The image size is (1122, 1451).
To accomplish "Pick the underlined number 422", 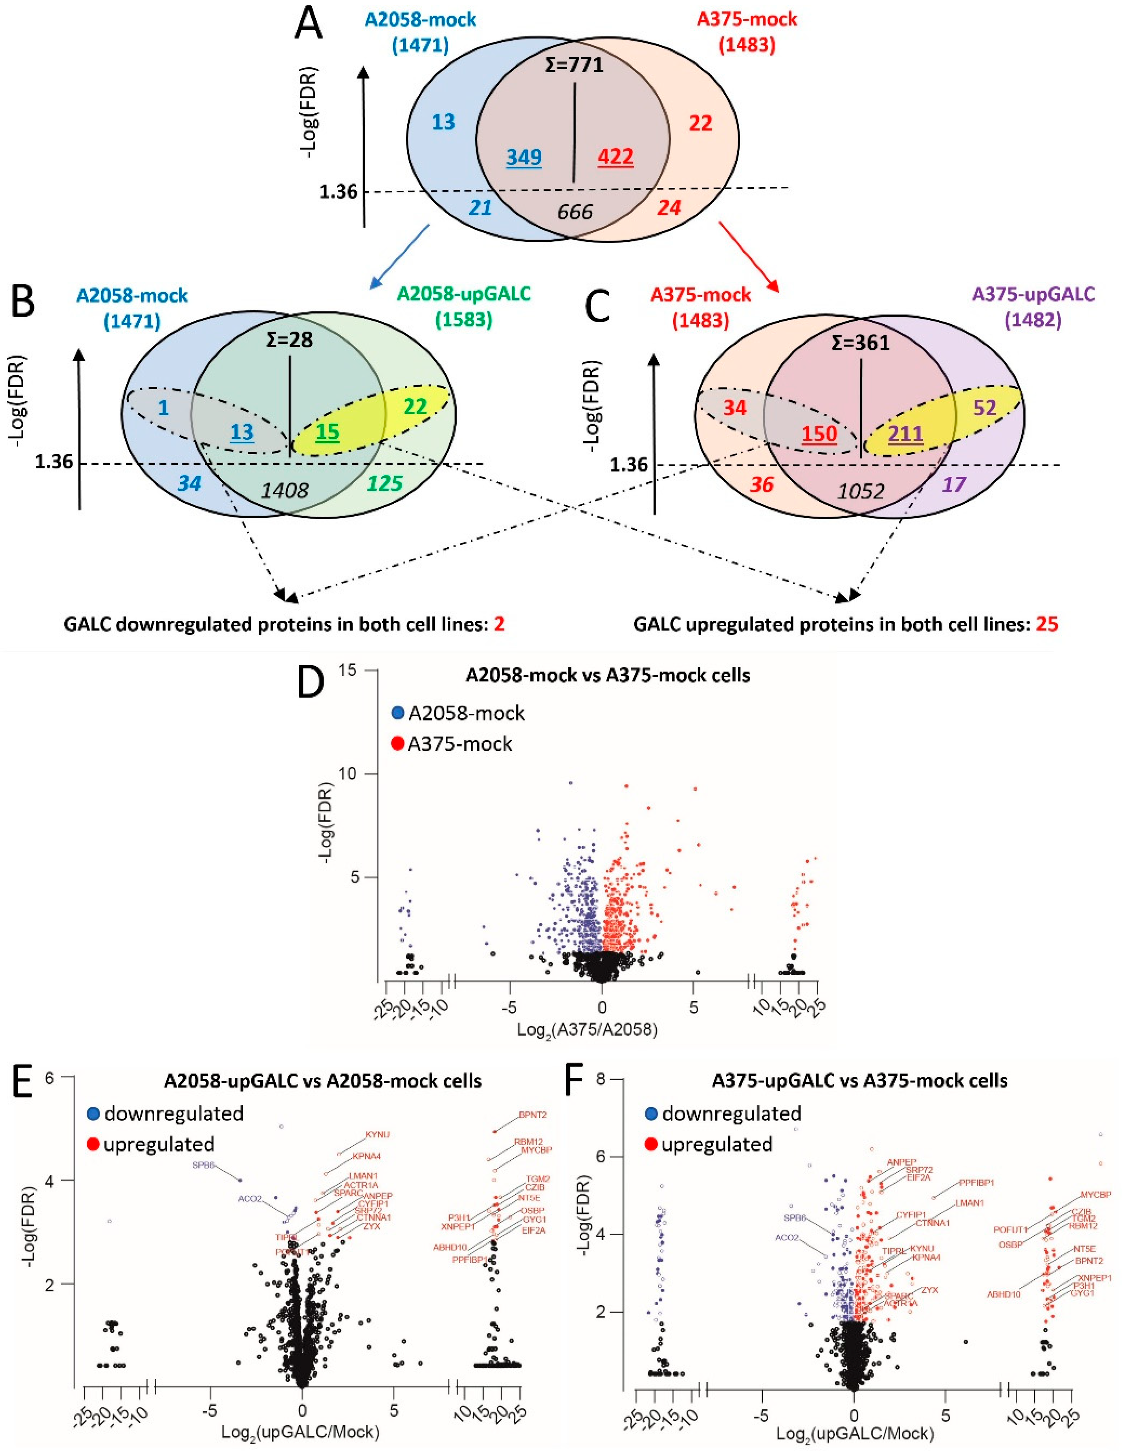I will point(615,157).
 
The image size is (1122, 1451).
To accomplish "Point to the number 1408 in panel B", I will point(284,490).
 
